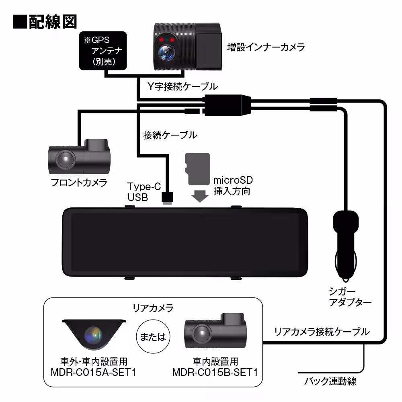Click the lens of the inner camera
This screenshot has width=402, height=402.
point(165,52)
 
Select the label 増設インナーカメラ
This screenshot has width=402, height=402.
point(266,47)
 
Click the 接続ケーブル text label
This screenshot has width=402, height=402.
point(170,135)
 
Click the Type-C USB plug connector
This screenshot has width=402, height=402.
point(166,198)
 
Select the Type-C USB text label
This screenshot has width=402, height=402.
point(144,192)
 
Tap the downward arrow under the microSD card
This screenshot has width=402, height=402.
point(199,196)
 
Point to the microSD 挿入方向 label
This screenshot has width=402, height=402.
point(233,185)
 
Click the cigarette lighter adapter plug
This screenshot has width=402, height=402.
point(345,241)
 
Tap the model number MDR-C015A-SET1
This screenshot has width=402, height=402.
point(93,372)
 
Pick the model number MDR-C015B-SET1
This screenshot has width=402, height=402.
point(215,372)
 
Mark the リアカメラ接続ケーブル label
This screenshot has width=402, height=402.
point(321,332)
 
